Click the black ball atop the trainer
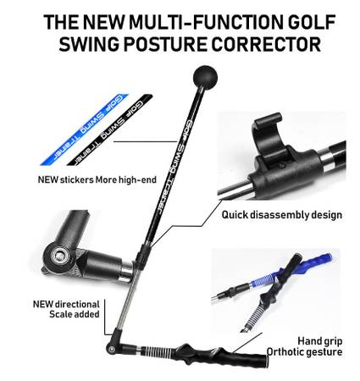click(x=205, y=78)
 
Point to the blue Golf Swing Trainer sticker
click(x=85, y=130)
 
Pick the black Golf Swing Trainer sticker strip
click(x=110, y=130)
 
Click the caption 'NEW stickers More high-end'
click(x=97, y=179)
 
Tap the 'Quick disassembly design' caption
click(x=282, y=215)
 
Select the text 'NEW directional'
click(x=66, y=304)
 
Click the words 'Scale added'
click(x=75, y=314)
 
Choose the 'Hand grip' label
click(x=320, y=341)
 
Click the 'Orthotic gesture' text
click(x=304, y=352)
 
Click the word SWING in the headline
click(x=89, y=44)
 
